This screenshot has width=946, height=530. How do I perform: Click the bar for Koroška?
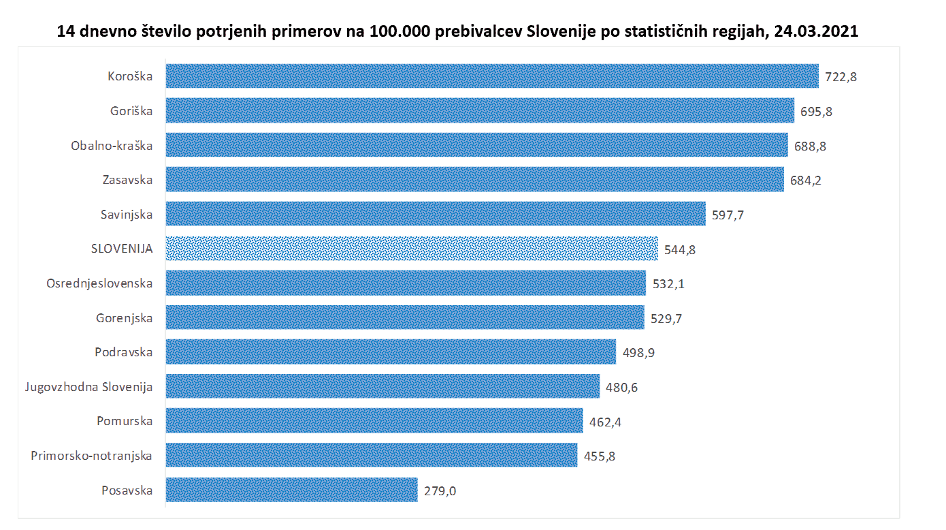click(491, 76)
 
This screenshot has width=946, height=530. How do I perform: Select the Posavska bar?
click(291, 490)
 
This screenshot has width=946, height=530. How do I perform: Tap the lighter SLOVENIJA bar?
click(412, 249)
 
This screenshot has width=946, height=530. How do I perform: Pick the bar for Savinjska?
click(436, 214)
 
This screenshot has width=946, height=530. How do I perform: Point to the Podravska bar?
click(391, 352)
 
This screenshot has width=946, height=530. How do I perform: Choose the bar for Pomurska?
click(374, 421)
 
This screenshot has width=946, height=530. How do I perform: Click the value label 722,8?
click(841, 77)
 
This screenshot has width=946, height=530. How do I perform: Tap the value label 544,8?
click(680, 249)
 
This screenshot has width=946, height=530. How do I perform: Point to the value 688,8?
click(810, 146)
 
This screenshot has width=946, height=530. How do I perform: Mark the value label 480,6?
click(621, 387)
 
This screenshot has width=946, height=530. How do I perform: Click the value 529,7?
click(666, 318)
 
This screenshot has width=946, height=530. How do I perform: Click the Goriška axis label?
click(131, 111)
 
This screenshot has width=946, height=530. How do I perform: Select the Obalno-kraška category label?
click(112, 145)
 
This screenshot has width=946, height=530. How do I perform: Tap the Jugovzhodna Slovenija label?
click(88, 387)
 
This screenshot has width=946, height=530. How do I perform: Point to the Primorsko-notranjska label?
click(91, 456)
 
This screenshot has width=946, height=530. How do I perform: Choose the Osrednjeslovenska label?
click(99, 283)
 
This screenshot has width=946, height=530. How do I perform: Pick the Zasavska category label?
click(129, 180)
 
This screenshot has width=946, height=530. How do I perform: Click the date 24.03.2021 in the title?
click(816, 31)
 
